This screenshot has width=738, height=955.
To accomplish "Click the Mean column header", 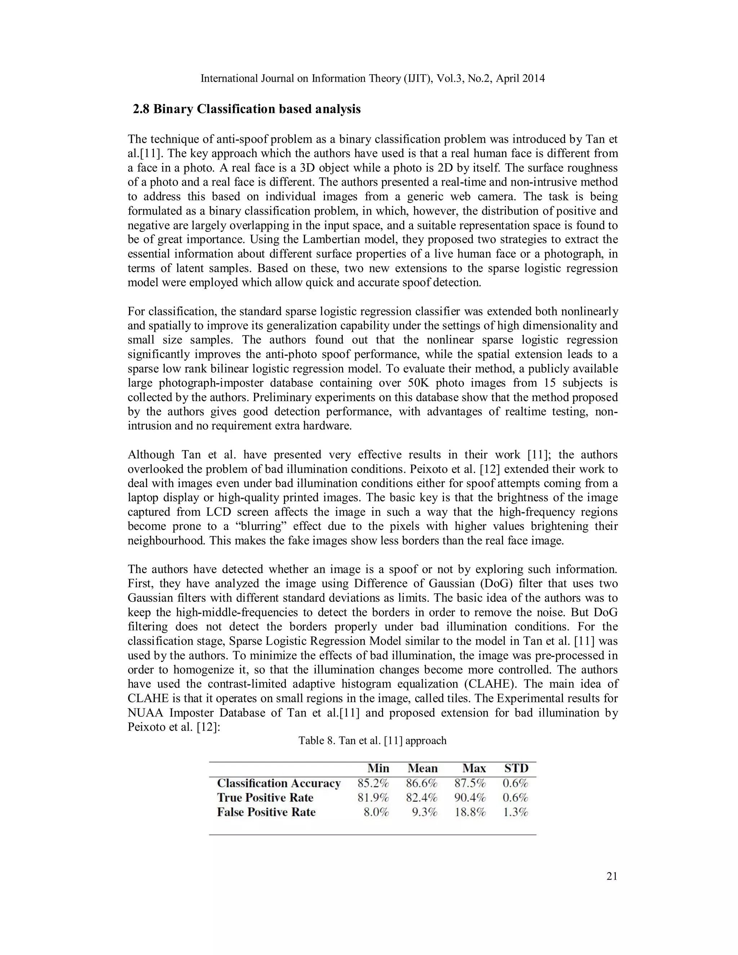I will point(422,768).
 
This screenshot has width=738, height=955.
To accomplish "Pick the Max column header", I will point(474,768).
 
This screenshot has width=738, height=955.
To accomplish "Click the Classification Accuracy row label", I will point(279,783).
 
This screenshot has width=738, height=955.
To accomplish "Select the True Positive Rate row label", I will point(265,797).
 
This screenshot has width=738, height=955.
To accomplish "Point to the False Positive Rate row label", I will point(266,812).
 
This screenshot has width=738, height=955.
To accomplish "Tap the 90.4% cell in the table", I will point(470,797).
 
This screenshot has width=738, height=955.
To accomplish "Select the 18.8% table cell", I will point(470,812).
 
